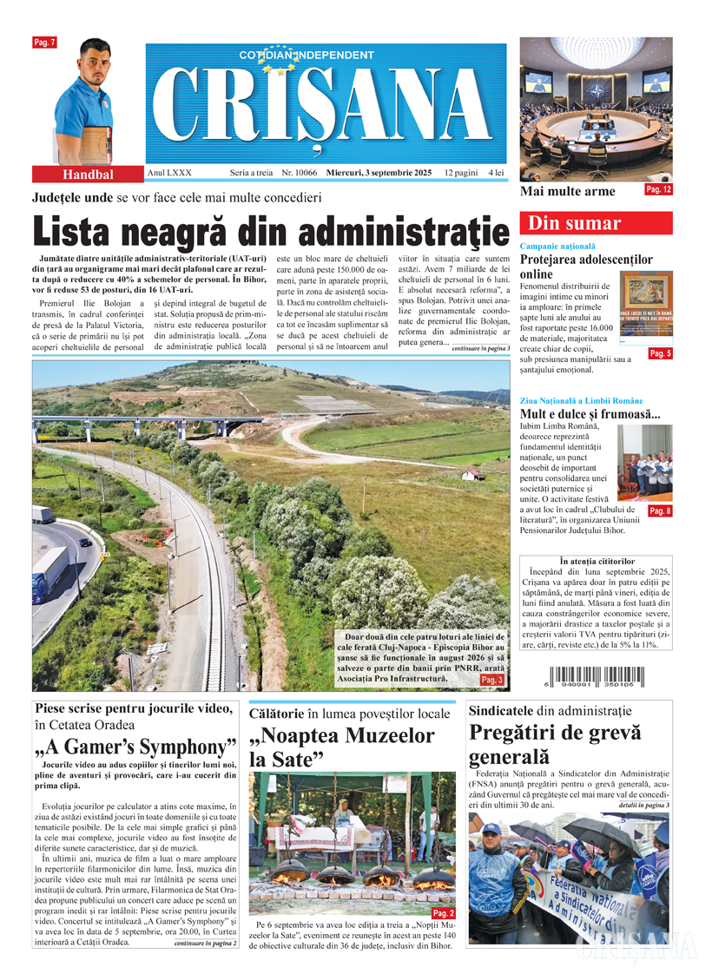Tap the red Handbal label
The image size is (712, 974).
pyautogui.click(x=85, y=174)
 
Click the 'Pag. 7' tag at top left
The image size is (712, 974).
pyautogui.click(x=44, y=43)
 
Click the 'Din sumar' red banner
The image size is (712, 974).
pyautogui.click(x=595, y=223)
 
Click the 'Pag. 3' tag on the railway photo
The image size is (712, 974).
pyautogui.click(x=492, y=680)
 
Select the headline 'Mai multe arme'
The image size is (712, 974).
pyautogui.click(x=567, y=191)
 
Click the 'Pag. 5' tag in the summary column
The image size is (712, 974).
pyautogui.click(x=660, y=353)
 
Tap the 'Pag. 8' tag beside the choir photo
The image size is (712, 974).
pyautogui.click(x=660, y=511)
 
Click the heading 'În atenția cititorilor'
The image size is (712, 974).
pyautogui.click(x=598, y=562)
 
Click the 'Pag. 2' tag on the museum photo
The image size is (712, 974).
pyautogui.click(x=443, y=913)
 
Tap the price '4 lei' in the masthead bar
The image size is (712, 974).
pyautogui.click(x=496, y=174)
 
